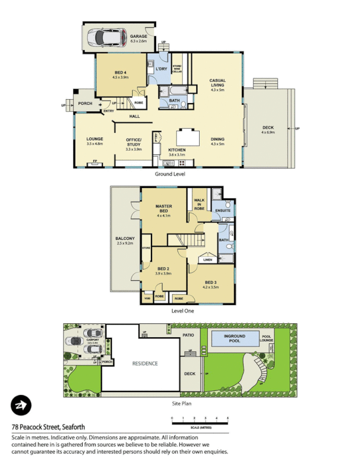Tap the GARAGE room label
(x=139, y=36)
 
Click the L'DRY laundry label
(x=161, y=69)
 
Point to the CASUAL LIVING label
(x=217, y=84)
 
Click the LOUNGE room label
(x=94, y=139)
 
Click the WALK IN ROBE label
(x=199, y=204)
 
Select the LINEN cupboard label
(x=208, y=260)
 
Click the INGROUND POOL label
(x=234, y=338)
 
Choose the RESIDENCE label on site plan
(x=144, y=363)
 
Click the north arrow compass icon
(x=22, y=405)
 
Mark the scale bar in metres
(x=199, y=421)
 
